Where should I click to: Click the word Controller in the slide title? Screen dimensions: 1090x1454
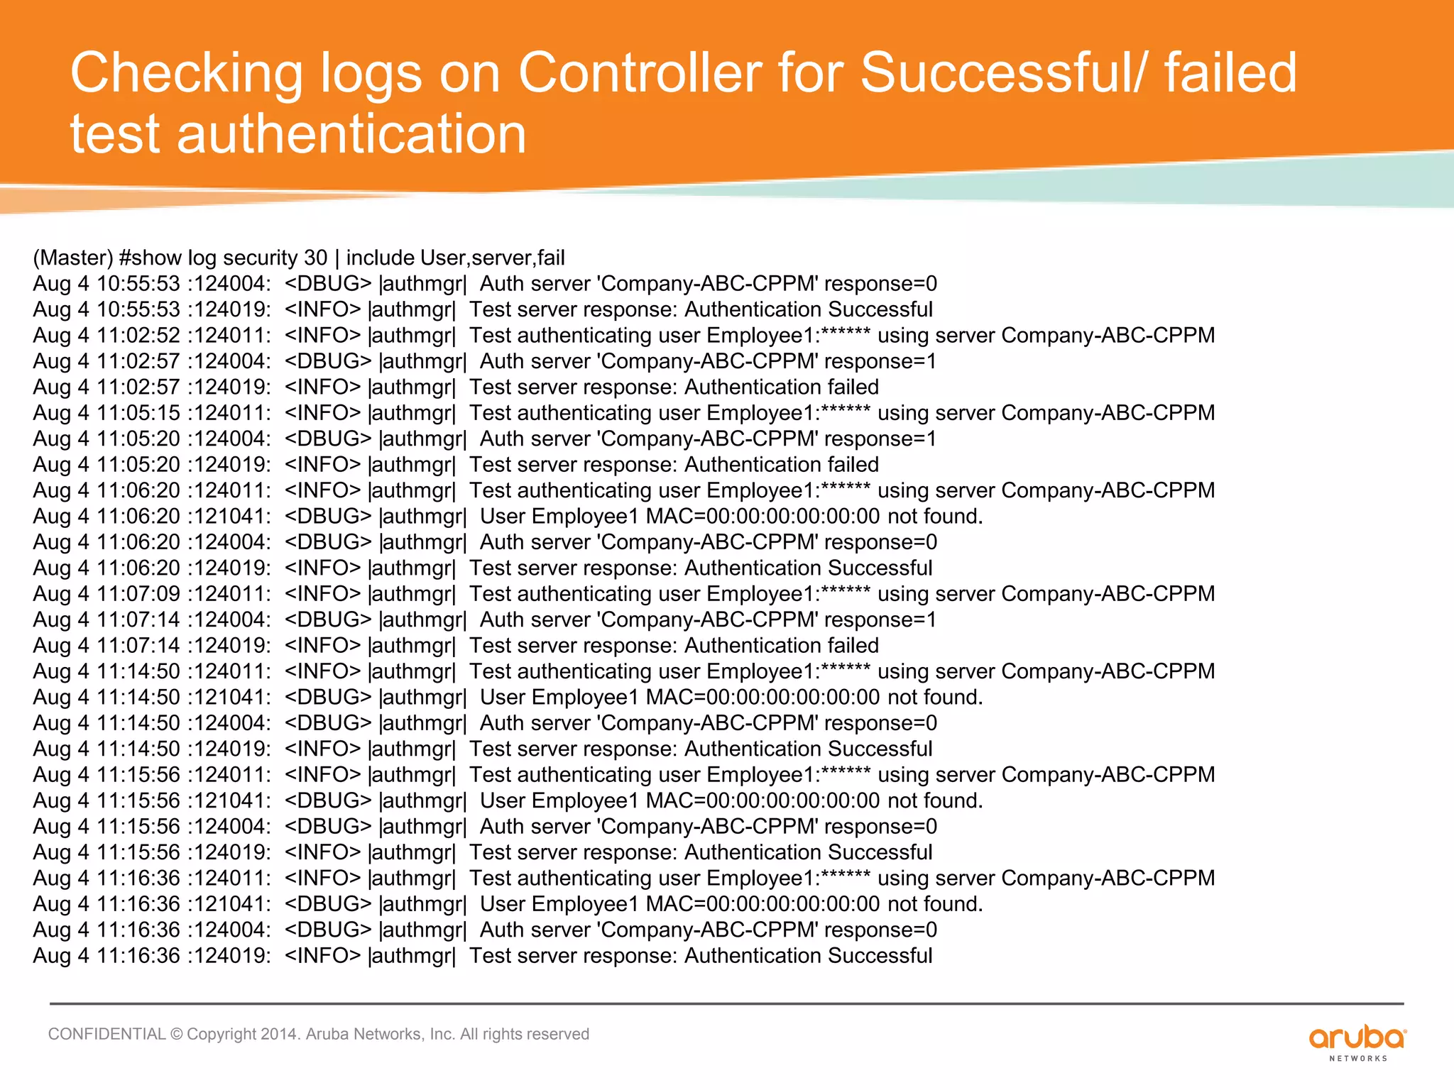click(640, 73)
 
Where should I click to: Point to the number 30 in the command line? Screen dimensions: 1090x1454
click(316, 258)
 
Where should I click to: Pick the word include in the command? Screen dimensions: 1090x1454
click(380, 258)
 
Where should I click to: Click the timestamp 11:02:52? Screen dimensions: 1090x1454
click(138, 336)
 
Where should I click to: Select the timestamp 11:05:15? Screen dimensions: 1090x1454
click(138, 413)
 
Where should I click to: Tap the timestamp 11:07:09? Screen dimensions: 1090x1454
click(138, 594)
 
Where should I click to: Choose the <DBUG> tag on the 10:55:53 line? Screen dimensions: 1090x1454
click(328, 284)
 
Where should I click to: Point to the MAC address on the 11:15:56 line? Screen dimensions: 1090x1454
click(762, 801)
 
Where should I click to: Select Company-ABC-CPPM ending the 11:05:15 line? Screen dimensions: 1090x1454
click(1108, 413)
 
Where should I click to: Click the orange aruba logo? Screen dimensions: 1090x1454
click(1357, 1040)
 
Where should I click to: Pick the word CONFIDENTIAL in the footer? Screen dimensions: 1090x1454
click(106, 1034)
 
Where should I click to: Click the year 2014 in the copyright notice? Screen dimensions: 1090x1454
click(279, 1034)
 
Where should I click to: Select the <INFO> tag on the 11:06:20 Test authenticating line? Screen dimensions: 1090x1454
click(322, 490)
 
